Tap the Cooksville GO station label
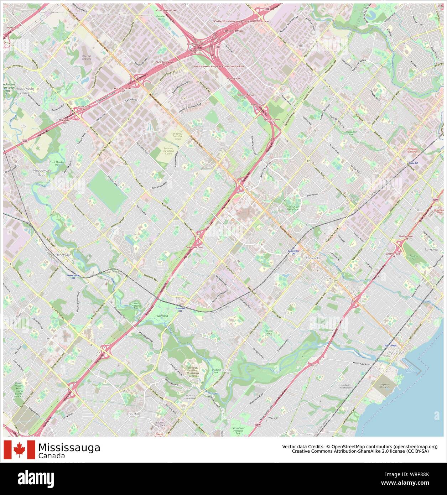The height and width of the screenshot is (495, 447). point(293,252)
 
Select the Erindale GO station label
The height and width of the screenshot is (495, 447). point(180,309)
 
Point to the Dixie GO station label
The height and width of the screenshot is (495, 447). point(413,163)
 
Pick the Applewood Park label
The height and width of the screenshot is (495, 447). point(351,133)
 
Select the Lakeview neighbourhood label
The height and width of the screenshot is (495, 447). point(431,249)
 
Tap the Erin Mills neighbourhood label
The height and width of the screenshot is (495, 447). point(134,414)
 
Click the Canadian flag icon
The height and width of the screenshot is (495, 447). point(19,450)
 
